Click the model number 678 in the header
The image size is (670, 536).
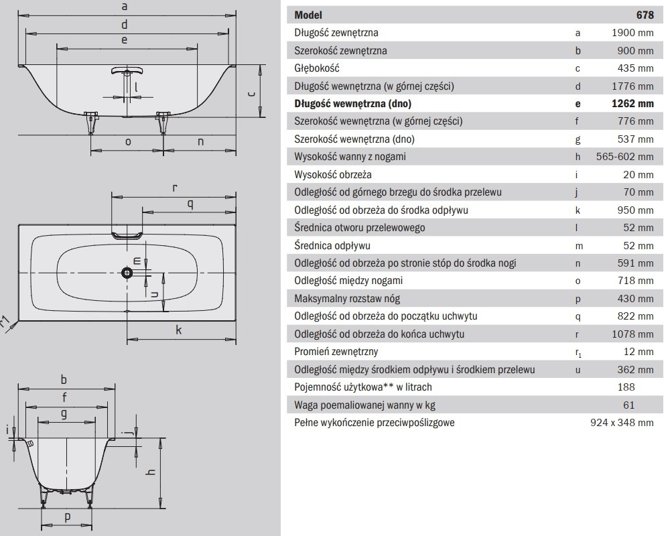pyautogui.click(x=645, y=15)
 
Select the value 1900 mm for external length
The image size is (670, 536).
pyautogui.click(x=633, y=33)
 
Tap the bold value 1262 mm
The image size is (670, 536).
pyautogui.click(x=633, y=104)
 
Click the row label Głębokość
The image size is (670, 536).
pyautogui.click(x=317, y=68)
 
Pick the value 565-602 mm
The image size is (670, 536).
pyautogui.click(x=625, y=157)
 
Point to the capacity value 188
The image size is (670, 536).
pyautogui.click(x=626, y=387)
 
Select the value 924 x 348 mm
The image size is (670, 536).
pyautogui.click(x=622, y=423)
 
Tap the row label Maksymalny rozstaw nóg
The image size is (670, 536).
pyautogui.click(x=347, y=298)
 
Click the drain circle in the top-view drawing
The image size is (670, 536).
pyautogui.click(x=127, y=273)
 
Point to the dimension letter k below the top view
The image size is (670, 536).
pyautogui.click(x=179, y=330)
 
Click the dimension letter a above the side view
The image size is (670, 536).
pyautogui.click(x=125, y=7)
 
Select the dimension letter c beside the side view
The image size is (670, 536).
pyautogui.click(x=252, y=94)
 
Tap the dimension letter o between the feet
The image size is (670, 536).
pyautogui.click(x=128, y=142)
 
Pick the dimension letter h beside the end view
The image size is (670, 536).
pyautogui.click(x=150, y=472)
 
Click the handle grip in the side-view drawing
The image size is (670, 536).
pyautogui.click(x=127, y=70)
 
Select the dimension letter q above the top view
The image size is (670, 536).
pyautogui.click(x=190, y=204)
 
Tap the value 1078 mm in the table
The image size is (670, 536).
pyautogui.click(x=633, y=334)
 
